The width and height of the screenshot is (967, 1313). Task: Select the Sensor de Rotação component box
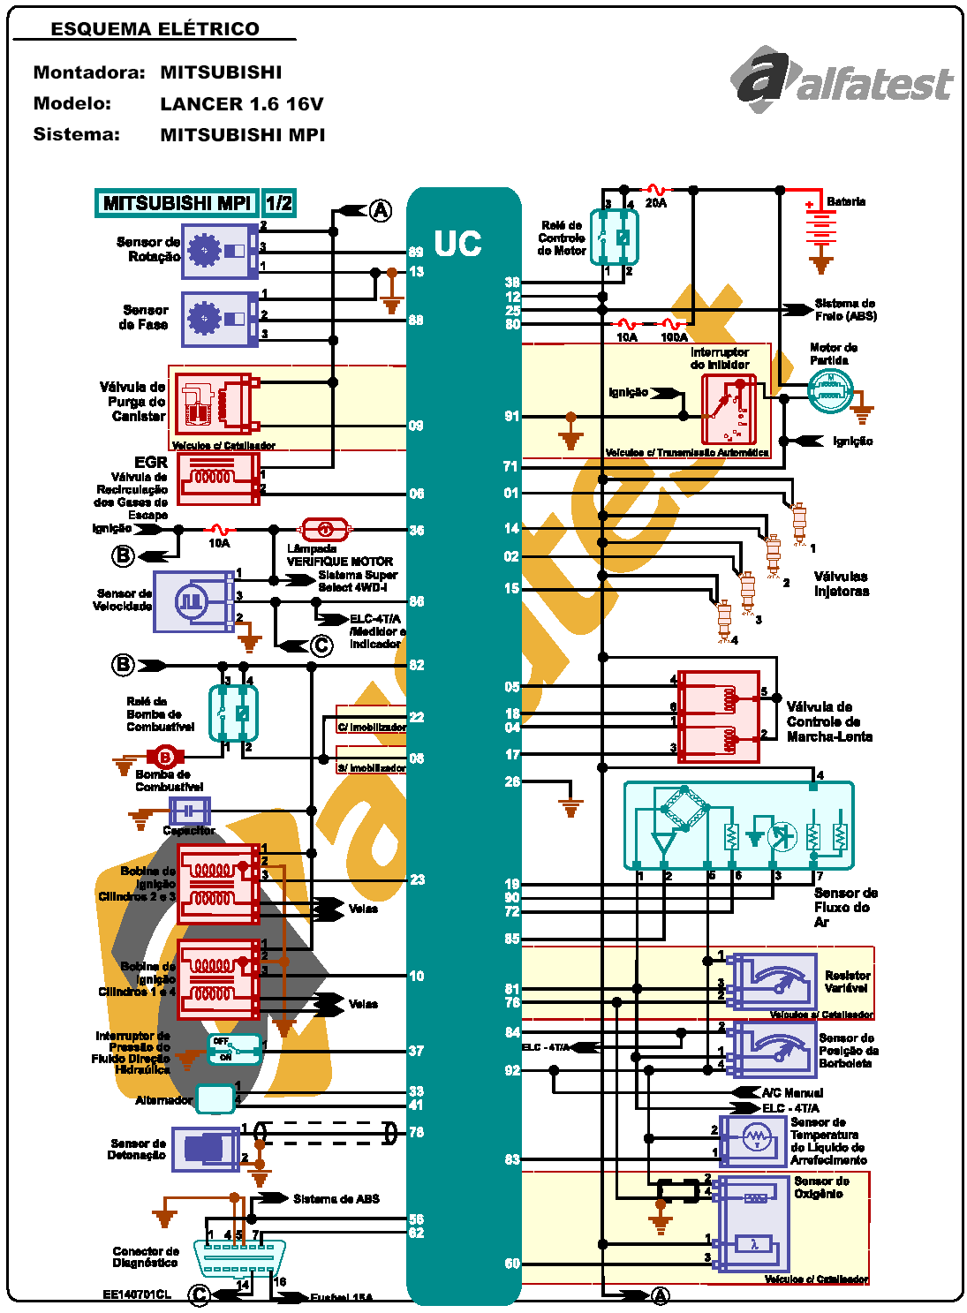[x=220, y=251]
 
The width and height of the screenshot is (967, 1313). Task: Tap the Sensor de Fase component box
[x=220, y=319]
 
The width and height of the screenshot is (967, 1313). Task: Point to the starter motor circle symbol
[x=830, y=390]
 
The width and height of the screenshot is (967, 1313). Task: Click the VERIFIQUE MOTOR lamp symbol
[x=325, y=529]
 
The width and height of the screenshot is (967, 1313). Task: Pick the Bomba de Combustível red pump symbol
[x=164, y=757]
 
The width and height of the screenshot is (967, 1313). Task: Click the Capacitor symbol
[x=189, y=811]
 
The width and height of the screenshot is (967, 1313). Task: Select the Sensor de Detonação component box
[x=206, y=1149]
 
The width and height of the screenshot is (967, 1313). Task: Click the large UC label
[x=457, y=244]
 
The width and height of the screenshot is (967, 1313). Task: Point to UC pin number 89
[x=416, y=253]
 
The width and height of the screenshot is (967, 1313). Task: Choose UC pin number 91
[x=512, y=416]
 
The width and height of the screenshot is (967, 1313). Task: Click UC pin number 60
[x=512, y=1264]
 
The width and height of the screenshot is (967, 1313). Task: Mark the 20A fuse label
[x=656, y=203]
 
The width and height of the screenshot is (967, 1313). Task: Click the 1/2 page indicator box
[x=279, y=203]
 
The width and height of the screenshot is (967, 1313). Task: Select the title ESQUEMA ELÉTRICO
[x=155, y=28]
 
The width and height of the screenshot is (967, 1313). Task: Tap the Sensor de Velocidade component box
[x=194, y=601]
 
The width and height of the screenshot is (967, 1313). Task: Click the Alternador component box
[x=215, y=1098]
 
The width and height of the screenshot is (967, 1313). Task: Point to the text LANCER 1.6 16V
[x=242, y=104]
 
